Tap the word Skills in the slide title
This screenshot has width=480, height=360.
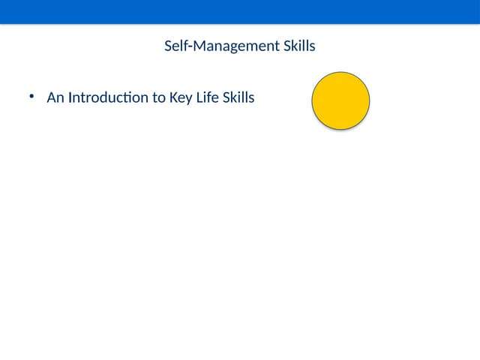coord(299,46)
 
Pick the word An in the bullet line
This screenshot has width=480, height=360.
coord(55,97)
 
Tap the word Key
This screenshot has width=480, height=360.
coord(182,97)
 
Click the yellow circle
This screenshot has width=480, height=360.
coord(340,100)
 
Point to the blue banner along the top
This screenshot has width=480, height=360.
coord(240,11)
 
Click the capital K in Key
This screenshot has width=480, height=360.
coord(175,97)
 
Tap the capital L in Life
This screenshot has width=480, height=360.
coord(200,97)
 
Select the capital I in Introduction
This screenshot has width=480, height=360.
coord(70,97)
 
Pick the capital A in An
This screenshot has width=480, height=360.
coord(51,97)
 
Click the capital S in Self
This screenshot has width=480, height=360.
coord(168,46)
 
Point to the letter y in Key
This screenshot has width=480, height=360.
coord(190,99)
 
